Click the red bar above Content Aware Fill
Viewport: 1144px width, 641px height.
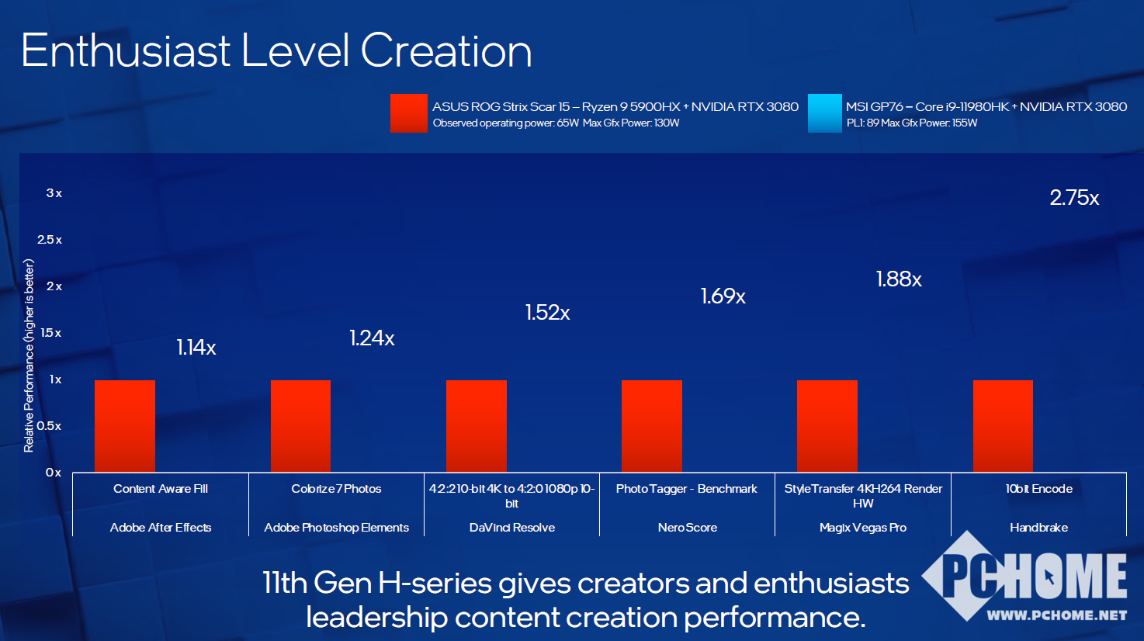(x=125, y=425)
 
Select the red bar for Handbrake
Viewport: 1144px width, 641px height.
(x=1003, y=425)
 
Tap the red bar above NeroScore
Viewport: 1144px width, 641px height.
(x=652, y=425)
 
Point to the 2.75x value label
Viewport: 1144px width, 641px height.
(x=1074, y=198)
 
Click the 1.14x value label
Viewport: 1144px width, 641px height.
(x=196, y=348)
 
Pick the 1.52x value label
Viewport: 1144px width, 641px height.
(x=548, y=313)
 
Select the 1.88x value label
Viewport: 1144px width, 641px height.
(x=899, y=279)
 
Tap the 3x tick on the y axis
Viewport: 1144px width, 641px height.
(x=54, y=193)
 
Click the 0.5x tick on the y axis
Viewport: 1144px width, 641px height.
(x=49, y=426)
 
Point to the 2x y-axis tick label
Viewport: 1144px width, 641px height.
(x=54, y=286)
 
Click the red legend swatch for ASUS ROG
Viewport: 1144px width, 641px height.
(x=409, y=113)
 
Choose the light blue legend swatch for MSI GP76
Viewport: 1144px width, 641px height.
(x=824, y=113)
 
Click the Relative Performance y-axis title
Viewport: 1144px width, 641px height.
(x=29, y=355)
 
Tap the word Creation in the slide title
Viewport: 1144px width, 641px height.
(x=446, y=51)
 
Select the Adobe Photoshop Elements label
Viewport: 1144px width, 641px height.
(x=336, y=528)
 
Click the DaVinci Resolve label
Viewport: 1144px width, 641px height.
(x=512, y=528)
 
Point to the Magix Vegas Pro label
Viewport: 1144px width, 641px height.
(x=863, y=528)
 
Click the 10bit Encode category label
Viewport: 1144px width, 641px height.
(x=1038, y=489)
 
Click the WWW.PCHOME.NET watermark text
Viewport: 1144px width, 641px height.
(x=1056, y=615)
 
